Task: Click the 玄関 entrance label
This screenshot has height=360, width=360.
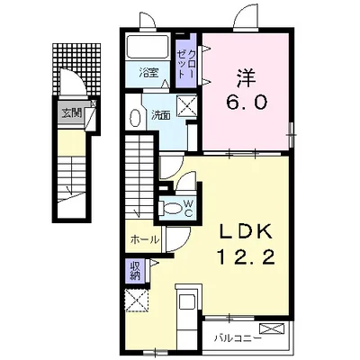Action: tap(72, 113)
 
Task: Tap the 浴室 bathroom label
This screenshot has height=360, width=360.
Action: tap(148, 73)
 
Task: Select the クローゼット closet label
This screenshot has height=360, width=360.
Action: tap(186, 64)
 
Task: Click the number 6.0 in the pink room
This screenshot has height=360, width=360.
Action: tap(247, 103)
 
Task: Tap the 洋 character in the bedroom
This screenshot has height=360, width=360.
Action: tap(247, 77)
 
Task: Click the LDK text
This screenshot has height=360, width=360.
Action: tap(246, 232)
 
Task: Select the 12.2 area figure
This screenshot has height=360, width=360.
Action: tap(246, 256)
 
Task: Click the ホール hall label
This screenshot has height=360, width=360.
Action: tap(145, 239)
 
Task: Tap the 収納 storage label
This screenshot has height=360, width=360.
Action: tap(135, 271)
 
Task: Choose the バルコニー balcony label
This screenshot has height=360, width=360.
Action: tap(238, 338)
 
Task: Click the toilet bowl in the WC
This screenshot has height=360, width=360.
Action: tap(172, 208)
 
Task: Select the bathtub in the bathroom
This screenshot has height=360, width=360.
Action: tap(148, 48)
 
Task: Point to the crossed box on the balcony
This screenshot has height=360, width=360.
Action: tap(272, 328)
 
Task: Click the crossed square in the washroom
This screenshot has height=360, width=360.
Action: tap(186, 104)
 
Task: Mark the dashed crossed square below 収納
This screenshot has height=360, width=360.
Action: tap(137, 301)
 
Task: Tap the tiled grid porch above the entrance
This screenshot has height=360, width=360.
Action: tap(76, 69)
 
